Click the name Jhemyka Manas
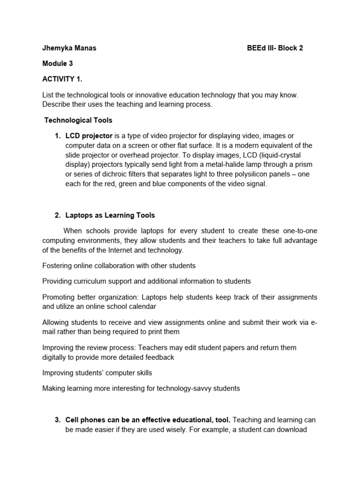(x=69, y=48)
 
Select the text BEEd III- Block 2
(x=275, y=48)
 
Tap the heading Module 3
(x=57, y=63)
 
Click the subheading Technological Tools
(x=78, y=120)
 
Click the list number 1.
(x=58, y=136)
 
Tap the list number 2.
(x=58, y=216)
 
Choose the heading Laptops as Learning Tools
(x=110, y=216)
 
